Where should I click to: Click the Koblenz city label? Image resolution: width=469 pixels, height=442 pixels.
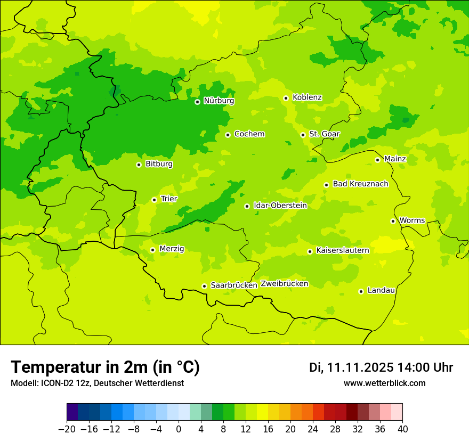pos(307,97)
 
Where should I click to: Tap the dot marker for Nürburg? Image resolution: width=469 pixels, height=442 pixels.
pos(197,102)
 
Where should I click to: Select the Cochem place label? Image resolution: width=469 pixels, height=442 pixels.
pos(249,134)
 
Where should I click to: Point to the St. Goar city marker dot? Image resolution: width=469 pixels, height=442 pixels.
pos(303,135)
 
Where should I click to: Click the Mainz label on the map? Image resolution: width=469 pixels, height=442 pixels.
pos(395,159)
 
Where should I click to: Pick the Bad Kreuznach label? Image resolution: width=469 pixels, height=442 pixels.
pos(360,184)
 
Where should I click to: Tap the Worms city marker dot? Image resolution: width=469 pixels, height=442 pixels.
pos(393,221)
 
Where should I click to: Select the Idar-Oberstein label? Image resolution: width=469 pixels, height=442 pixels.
pos(280,206)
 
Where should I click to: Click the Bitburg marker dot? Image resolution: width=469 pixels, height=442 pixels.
pos(139,165)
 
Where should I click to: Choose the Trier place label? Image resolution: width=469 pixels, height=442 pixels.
pos(169,199)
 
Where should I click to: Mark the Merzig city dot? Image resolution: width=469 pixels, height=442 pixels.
pos(152,250)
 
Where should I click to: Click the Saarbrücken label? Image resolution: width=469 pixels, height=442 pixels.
pos(234,285)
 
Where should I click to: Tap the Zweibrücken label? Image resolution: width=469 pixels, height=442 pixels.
pos(285,284)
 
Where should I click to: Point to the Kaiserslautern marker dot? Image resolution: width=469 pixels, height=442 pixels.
pos(310,251)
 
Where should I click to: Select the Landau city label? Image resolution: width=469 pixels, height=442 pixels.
pos(381,291)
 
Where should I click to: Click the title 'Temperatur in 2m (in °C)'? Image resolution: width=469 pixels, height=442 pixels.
pos(105,367)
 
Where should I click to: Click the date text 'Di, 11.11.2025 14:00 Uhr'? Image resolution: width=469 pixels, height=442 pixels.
pos(381,367)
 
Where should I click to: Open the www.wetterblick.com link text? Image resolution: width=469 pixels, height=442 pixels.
pos(384,383)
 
